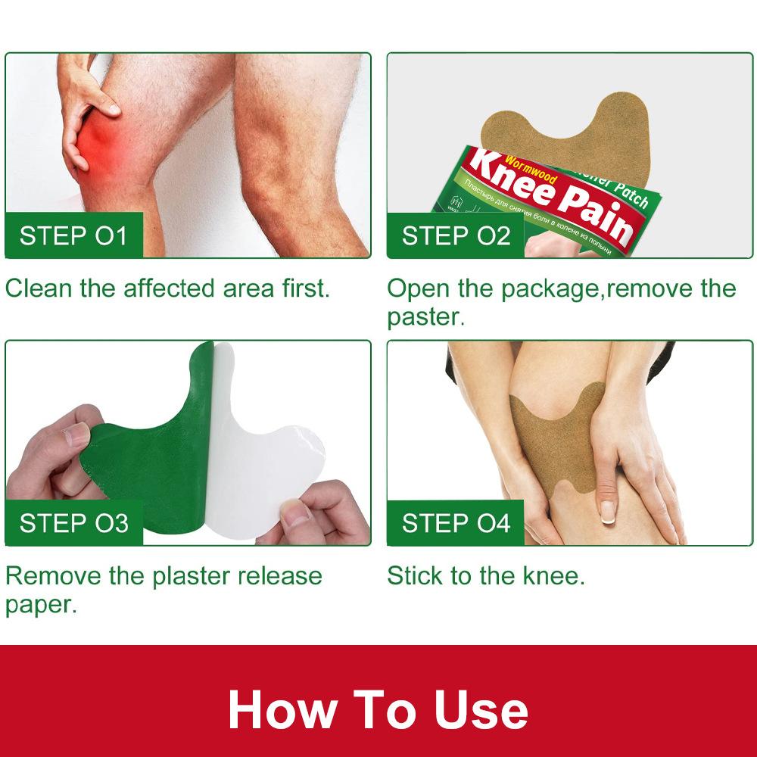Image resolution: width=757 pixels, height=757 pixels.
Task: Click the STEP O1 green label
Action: [74, 235]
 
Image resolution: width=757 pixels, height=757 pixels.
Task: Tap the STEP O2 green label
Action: [456, 235]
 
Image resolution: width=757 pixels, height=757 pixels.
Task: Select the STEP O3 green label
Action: [74, 523]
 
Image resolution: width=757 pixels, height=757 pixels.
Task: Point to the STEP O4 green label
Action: [456, 523]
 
